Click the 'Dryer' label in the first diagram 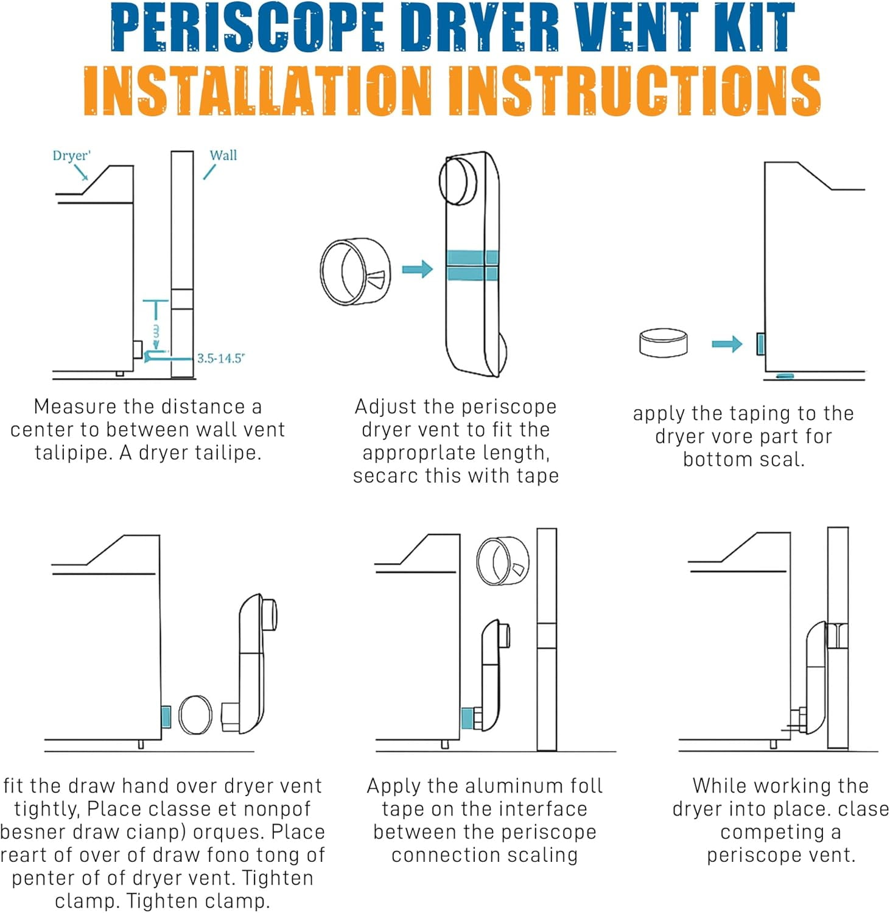(71, 155)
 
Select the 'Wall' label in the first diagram (223, 155)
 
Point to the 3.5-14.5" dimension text (220, 358)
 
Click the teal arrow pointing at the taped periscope (418, 268)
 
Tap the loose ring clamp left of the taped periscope (356, 271)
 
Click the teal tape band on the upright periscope (472, 265)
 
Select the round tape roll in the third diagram (664, 342)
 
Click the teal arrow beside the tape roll (727, 344)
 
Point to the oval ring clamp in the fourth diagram (196, 715)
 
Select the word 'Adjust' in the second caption (382, 407)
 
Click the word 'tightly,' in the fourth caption (47, 809)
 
